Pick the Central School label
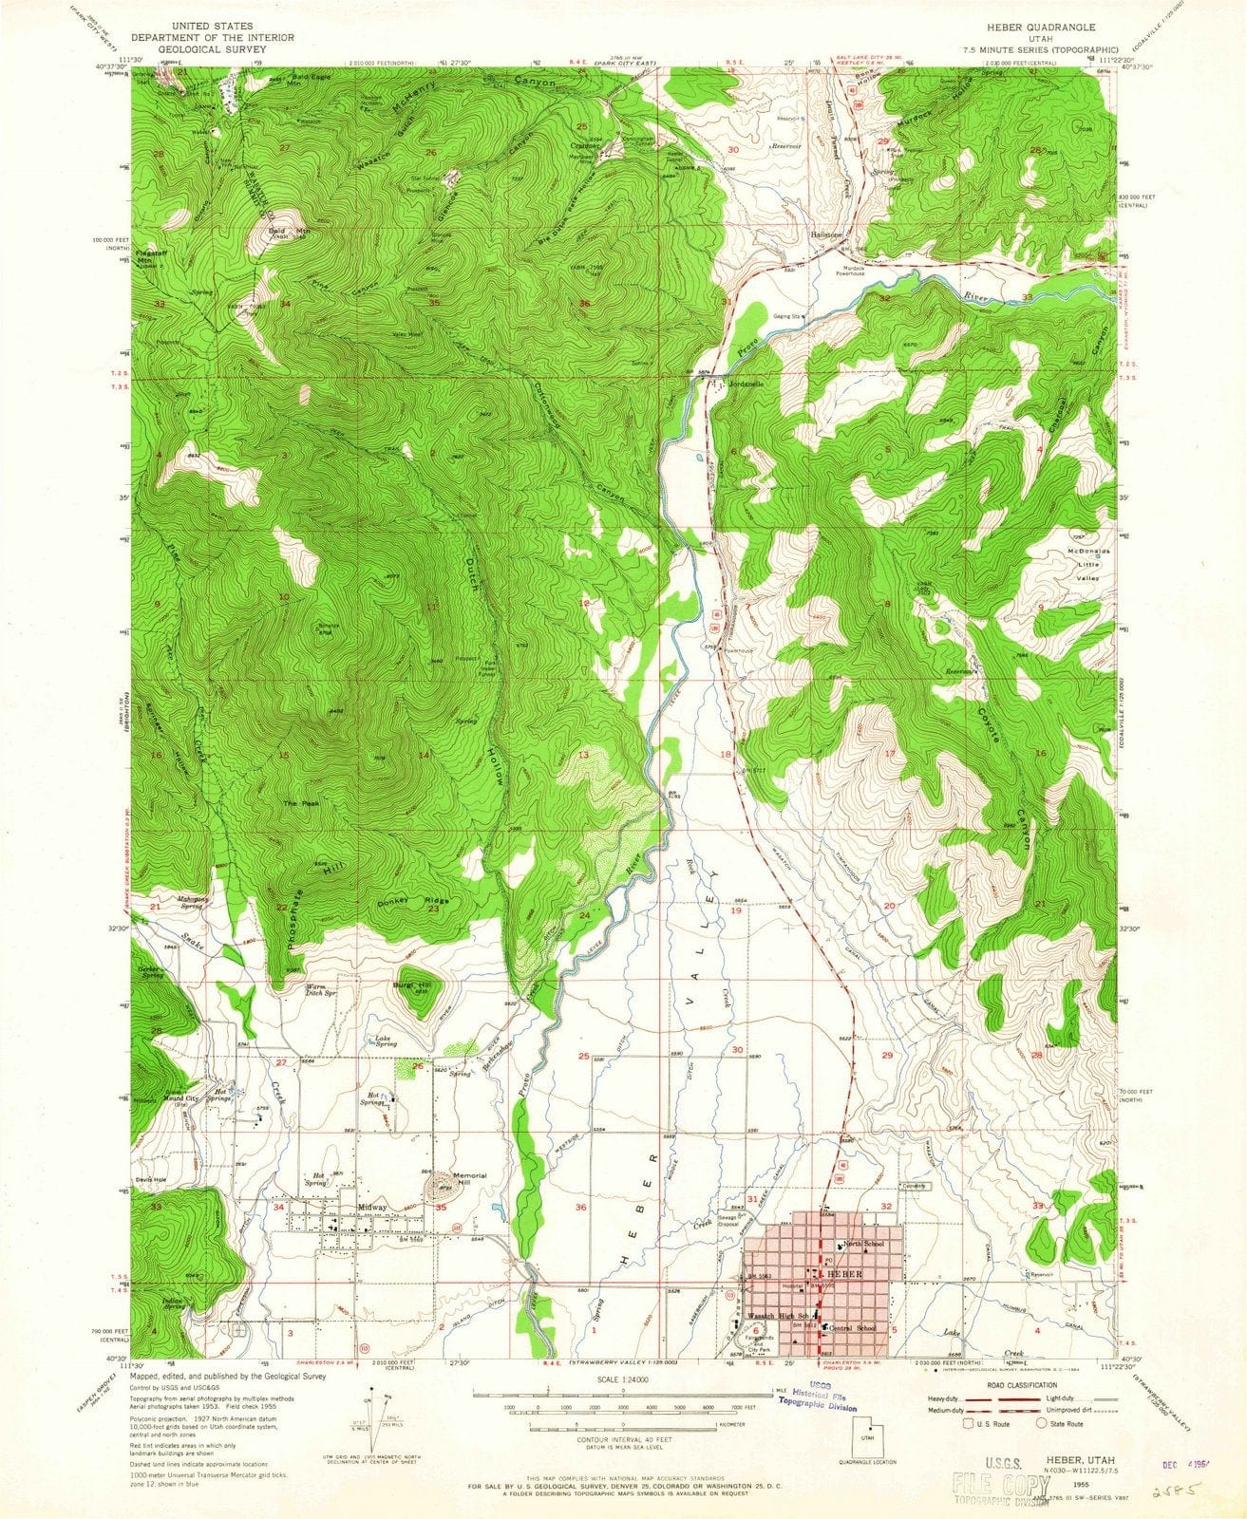[x=855, y=1327]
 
